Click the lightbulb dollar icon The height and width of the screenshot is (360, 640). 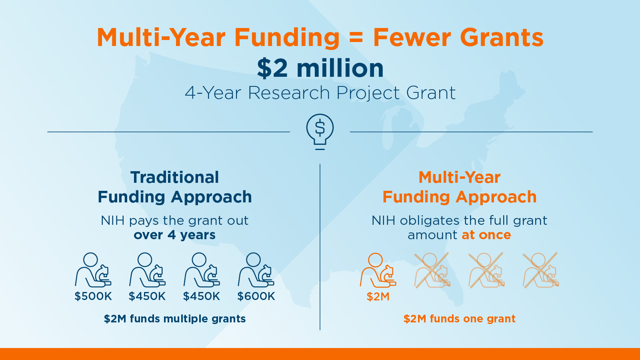click(x=320, y=132)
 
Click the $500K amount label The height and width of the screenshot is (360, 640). click(x=93, y=296)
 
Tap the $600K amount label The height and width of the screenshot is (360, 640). click(x=256, y=296)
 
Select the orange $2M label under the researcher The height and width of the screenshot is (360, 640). click(x=378, y=296)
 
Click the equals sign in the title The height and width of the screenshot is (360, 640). click(x=356, y=38)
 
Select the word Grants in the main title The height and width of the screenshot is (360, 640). click(x=502, y=38)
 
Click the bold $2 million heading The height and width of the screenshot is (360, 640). click(x=320, y=68)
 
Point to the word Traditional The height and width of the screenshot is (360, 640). click(x=174, y=177)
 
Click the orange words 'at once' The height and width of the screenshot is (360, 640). click(x=486, y=235)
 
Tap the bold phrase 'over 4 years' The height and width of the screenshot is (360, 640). click(x=174, y=235)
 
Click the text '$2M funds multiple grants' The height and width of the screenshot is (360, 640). click(x=174, y=318)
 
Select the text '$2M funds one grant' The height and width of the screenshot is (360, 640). click(x=460, y=318)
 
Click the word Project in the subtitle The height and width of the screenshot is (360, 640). click(x=368, y=93)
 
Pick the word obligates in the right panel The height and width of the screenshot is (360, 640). click(x=430, y=221)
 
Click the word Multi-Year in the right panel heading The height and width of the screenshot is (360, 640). click(x=460, y=177)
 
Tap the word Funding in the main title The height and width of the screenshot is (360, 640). click(x=287, y=38)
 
